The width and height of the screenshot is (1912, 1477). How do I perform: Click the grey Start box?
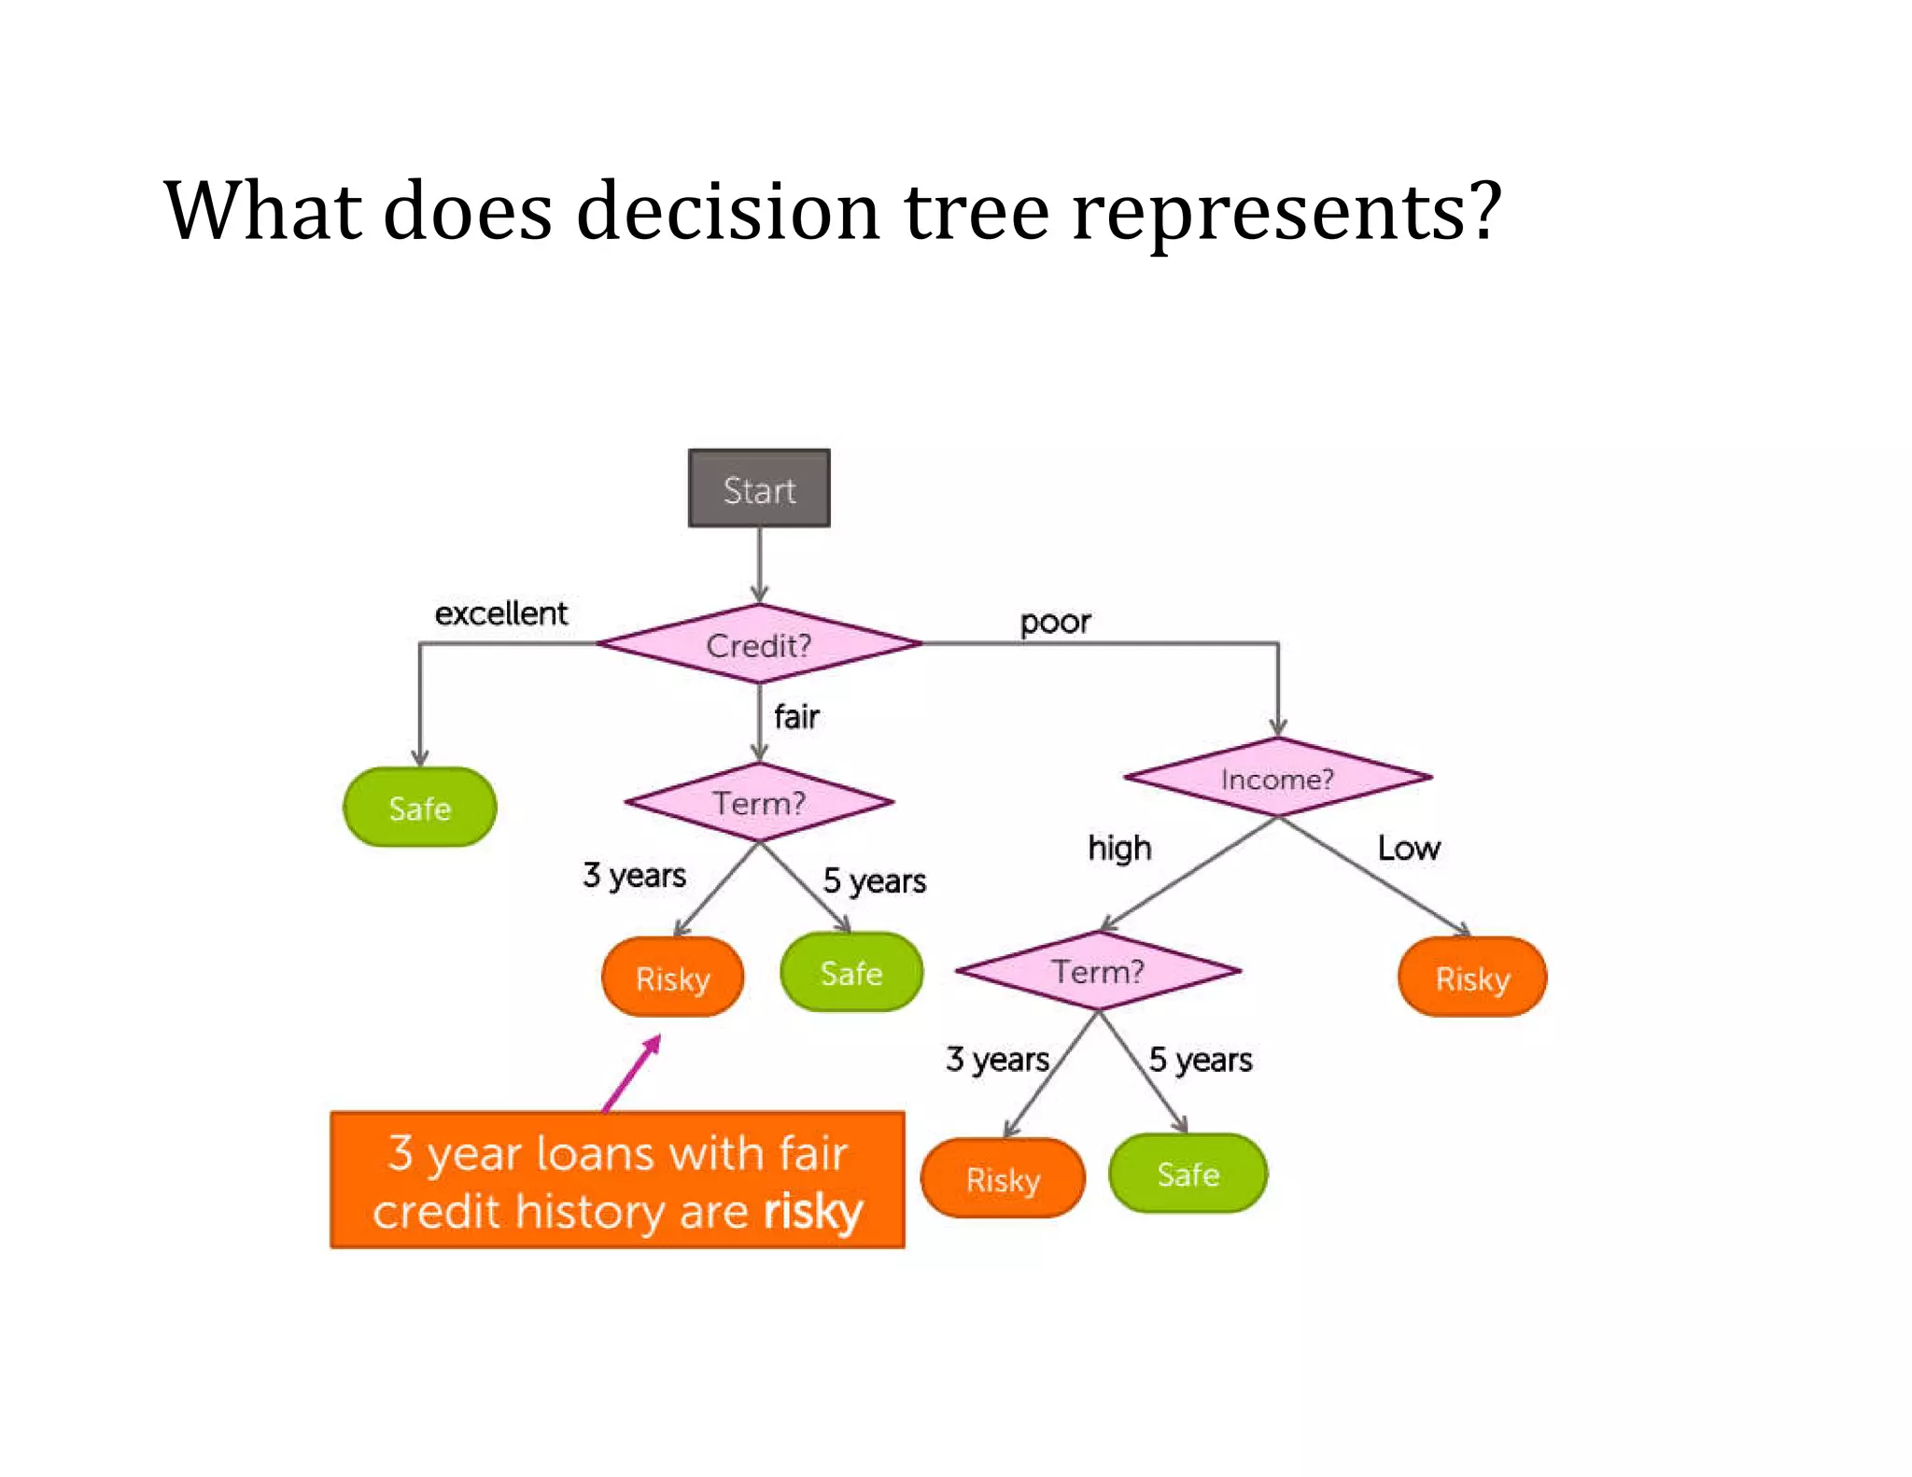point(759,488)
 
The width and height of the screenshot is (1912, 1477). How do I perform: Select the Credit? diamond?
point(759,644)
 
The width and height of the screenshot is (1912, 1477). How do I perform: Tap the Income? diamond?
point(1277,778)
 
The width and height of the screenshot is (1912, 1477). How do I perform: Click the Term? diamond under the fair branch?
point(759,802)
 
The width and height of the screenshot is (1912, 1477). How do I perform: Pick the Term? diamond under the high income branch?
point(1098,971)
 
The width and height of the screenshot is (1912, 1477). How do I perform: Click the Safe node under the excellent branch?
point(420,808)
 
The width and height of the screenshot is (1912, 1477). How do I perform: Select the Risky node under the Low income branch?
point(1472,978)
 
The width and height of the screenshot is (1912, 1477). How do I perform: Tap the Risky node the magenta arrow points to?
point(673,978)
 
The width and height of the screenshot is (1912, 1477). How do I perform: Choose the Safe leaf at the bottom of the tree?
point(1188,1174)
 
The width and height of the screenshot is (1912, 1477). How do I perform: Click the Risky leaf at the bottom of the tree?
point(1003,1178)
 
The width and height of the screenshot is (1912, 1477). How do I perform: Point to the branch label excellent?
point(501,613)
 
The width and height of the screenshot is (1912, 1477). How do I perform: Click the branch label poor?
point(1055,622)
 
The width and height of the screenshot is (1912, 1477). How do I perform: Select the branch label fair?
point(796,717)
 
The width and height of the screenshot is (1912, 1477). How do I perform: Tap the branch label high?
point(1119,848)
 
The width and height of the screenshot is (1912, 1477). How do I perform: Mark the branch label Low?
point(1409,848)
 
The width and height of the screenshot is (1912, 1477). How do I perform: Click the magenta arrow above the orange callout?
point(633,1074)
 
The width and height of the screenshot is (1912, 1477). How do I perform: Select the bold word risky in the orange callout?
point(813,1211)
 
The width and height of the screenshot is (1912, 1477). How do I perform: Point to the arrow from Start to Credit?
point(759,564)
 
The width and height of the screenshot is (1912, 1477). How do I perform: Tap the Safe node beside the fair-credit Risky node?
point(851,973)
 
